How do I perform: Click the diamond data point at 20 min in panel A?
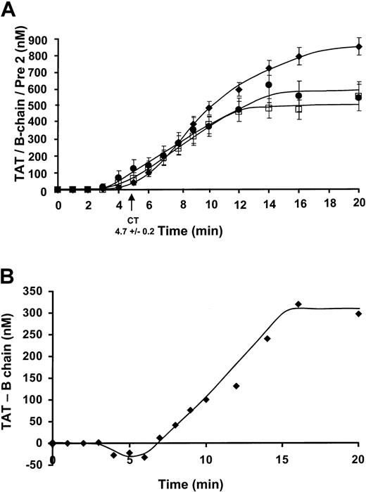(x=359, y=47)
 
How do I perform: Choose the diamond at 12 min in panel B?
(x=237, y=386)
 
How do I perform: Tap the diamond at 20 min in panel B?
(x=359, y=313)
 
